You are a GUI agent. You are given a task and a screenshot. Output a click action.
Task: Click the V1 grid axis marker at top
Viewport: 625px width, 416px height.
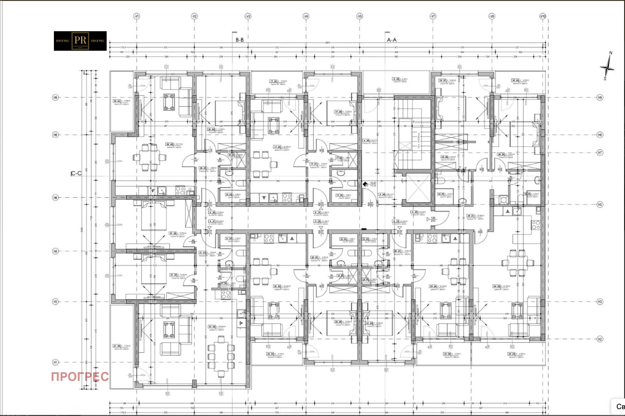tap(136, 16)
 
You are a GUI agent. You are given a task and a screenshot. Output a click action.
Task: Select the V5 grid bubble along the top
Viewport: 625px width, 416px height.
tap(360, 16)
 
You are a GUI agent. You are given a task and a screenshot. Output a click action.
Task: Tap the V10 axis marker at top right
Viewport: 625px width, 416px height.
tap(543, 16)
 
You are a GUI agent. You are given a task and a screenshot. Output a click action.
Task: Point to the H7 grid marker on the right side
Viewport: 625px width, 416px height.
tap(600, 153)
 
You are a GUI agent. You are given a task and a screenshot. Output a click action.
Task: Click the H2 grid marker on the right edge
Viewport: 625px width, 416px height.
tap(600, 339)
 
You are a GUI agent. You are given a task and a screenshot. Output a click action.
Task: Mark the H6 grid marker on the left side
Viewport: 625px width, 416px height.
tap(55, 198)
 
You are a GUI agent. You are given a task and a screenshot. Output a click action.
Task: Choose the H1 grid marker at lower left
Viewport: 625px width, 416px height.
tap(55, 363)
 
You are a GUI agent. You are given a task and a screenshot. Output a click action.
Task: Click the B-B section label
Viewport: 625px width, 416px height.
tap(239, 40)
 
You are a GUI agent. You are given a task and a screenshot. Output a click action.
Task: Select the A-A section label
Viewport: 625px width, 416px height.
tap(391, 40)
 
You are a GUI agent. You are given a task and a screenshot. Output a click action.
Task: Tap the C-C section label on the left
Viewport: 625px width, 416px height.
tap(76, 173)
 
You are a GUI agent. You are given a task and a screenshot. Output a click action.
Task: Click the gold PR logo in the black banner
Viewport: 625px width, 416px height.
tap(80, 41)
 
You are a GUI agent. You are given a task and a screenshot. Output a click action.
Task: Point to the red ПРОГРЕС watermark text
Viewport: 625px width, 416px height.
tap(80, 377)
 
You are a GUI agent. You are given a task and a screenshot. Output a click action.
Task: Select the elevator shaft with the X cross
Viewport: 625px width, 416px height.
tap(418, 188)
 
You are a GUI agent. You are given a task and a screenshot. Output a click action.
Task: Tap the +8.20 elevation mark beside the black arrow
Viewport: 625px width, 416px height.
tap(373, 183)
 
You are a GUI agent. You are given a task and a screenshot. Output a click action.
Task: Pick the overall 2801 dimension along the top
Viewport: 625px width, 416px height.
tap(327, 43)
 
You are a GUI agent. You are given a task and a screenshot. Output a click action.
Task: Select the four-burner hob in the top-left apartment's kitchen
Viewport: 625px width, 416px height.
tap(180, 191)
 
